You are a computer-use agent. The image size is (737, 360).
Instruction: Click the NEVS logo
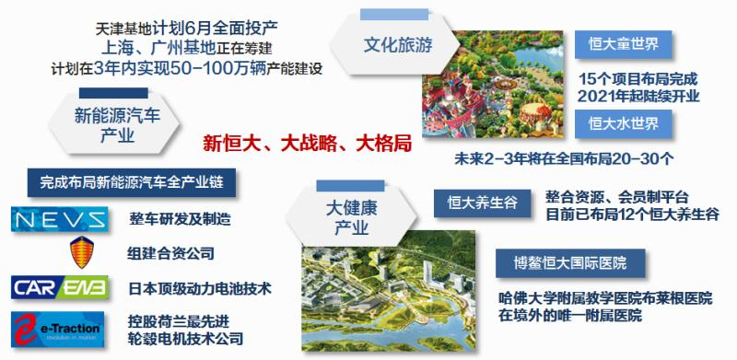pos(60,219)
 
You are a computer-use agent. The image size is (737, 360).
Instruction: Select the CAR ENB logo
pos(60,288)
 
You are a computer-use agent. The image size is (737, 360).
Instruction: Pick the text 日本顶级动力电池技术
pos(200,288)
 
